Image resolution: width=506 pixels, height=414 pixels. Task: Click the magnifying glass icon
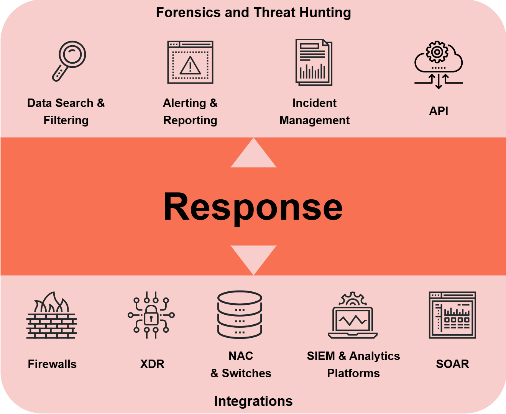[69, 61]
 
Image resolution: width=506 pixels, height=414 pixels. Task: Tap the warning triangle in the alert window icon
[190, 66]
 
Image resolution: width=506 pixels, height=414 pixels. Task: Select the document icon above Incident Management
[314, 62]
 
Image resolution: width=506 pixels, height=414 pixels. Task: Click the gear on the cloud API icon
[437, 52]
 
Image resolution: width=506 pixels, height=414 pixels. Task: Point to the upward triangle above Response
[253, 153]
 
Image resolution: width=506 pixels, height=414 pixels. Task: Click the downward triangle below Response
[253, 260]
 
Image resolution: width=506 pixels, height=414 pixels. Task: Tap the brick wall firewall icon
[52, 315]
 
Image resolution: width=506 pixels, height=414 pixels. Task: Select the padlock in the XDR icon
[151, 315]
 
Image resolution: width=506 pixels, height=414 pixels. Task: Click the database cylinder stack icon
[240, 314]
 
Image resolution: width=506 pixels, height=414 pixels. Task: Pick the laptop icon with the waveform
[352, 315]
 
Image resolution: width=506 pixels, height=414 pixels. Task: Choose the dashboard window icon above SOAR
[452, 315]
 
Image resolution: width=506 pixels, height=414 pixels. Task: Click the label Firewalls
[52, 364]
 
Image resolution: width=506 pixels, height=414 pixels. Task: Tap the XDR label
[152, 364]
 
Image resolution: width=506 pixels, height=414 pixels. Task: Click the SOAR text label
[452, 364]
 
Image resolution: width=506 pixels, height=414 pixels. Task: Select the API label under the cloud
[438, 111]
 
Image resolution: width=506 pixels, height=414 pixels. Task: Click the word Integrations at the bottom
[253, 401]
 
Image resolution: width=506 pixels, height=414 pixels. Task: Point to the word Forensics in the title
[188, 13]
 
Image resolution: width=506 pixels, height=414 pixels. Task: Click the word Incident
[314, 103]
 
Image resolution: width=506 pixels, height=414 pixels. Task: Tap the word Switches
[246, 373]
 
